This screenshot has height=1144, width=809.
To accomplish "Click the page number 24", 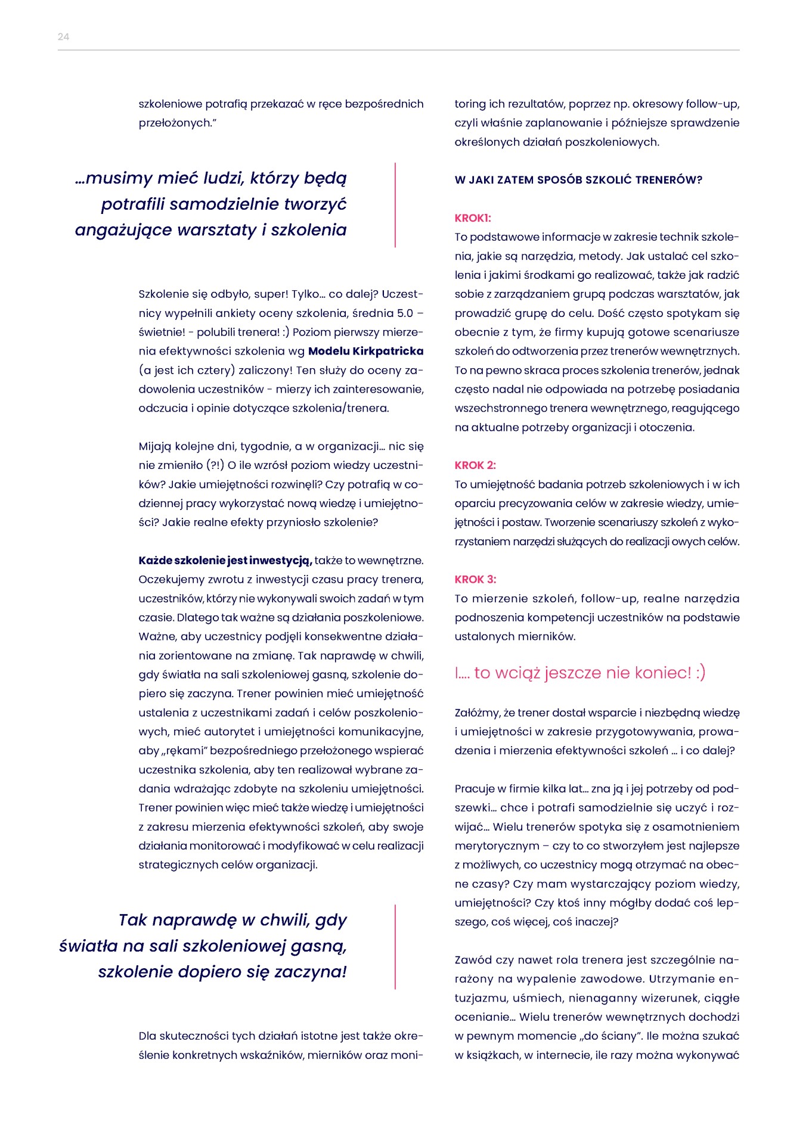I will [x=63, y=37].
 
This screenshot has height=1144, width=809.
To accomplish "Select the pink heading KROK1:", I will [x=473, y=218].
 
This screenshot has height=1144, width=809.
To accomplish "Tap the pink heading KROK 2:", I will [x=475, y=465].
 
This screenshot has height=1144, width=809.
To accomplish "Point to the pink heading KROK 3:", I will [x=475, y=579].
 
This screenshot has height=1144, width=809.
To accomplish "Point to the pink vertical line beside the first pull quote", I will [x=395, y=204].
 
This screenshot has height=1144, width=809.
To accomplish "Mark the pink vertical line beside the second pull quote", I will [x=395, y=946].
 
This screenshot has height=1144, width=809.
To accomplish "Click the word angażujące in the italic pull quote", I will [x=114, y=230].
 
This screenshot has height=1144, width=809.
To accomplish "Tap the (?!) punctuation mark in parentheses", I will [x=215, y=465].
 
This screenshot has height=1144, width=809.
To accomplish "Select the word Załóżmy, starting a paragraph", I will [x=478, y=713].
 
